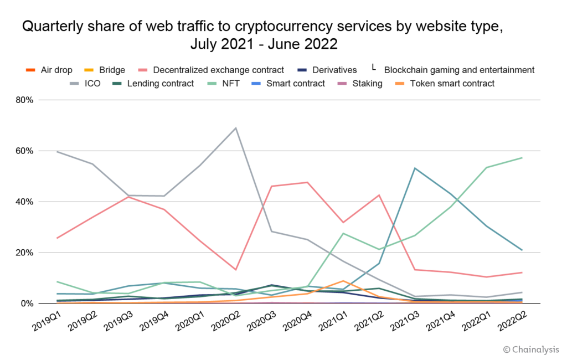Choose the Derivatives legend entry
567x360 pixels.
tap(333, 70)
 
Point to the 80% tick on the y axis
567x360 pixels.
tap(24, 100)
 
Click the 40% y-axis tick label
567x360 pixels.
tap(24, 202)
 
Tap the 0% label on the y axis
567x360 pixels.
tap(27, 304)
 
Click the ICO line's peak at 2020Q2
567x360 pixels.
tap(236, 128)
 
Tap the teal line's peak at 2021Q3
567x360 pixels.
tap(415, 168)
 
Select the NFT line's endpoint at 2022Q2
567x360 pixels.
tap(522, 158)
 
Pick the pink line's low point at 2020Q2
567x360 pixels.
tap(236, 270)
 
